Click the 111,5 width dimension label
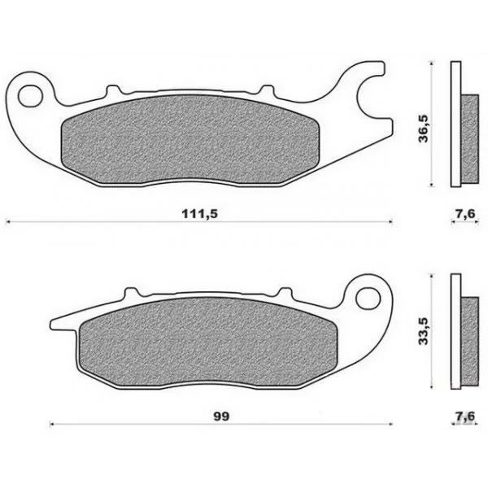200,214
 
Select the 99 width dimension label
221,417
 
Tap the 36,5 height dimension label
423,129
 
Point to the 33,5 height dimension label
423,331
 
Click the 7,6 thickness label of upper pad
465,214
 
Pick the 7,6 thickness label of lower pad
465,417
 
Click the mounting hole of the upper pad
31,96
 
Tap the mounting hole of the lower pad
368,299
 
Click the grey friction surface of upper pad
190,139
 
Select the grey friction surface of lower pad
208,342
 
